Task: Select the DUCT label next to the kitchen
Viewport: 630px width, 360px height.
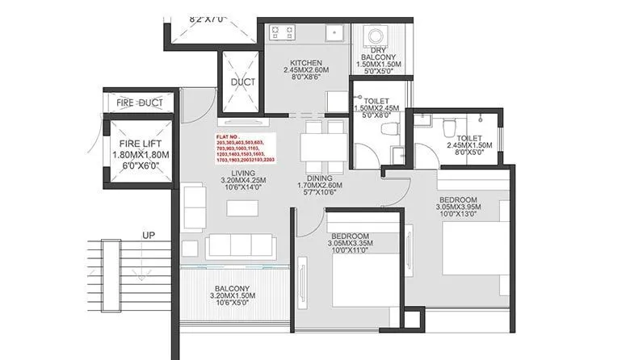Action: pyautogui.click(x=243, y=82)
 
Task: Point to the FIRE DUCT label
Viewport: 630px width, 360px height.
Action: pyautogui.click(x=139, y=103)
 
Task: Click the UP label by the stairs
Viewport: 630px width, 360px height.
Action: pyautogui.click(x=149, y=235)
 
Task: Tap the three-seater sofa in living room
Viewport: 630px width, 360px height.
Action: pyautogui.click(x=240, y=247)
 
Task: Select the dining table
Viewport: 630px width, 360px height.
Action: pyautogui.click(x=319, y=149)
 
